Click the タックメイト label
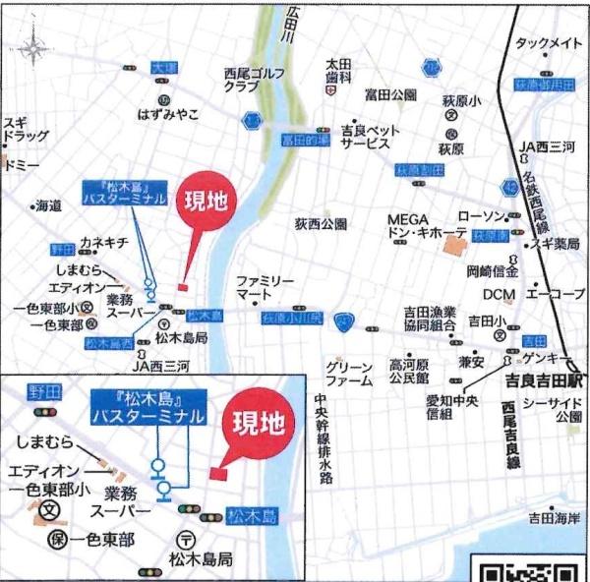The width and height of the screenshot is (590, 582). [x=548, y=43]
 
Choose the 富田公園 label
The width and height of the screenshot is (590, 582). [x=390, y=95]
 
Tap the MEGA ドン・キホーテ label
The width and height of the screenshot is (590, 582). [x=425, y=227]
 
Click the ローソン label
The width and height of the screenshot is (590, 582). [x=481, y=215]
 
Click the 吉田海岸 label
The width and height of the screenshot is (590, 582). [x=555, y=517]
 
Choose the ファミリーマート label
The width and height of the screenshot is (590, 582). [x=265, y=287]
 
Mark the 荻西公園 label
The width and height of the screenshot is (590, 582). [x=322, y=224]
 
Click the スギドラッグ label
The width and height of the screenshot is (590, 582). [x=27, y=131]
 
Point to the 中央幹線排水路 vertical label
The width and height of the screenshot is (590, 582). [x=322, y=437]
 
